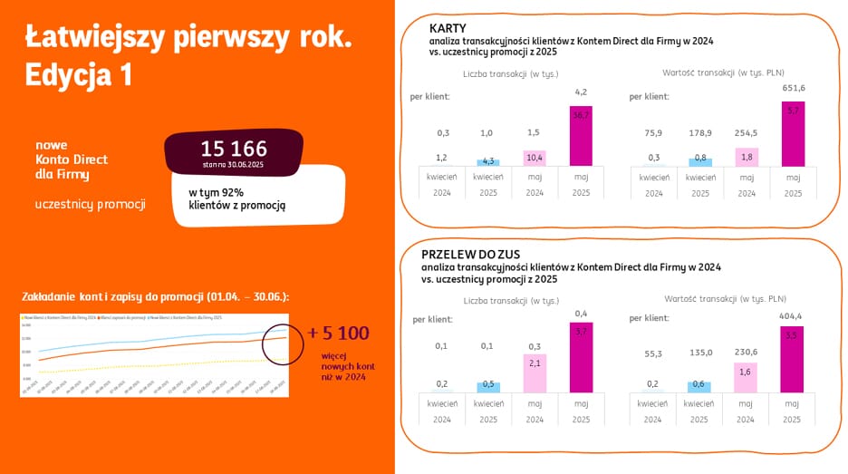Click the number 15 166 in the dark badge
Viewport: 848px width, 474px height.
pyautogui.click(x=233, y=150)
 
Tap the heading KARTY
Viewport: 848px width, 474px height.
pyautogui.click(x=448, y=28)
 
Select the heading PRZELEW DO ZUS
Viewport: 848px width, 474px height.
pyautogui.click(x=470, y=255)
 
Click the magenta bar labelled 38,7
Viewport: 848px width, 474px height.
pyautogui.click(x=581, y=135)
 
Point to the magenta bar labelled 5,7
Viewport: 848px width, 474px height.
pyautogui.click(x=793, y=133)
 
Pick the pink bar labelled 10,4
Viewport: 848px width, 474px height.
pyautogui.click(x=535, y=158)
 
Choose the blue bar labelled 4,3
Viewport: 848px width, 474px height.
pyautogui.click(x=488, y=162)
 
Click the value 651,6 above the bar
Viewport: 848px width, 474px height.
pyautogui.click(x=793, y=88)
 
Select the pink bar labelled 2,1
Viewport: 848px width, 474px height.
pyautogui.click(x=535, y=373)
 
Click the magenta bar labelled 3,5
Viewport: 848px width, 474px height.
pyautogui.click(x=793, y=359)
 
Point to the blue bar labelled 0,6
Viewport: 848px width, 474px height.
pyautogui.click(x=699, y=386)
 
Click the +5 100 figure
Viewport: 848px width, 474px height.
pyautogui.click(x=338, y=333)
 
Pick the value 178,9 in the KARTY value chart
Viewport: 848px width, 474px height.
pyautogui.click(x=699, y=132)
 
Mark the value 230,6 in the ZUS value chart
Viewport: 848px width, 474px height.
pyautogui.click(x=746, y=353)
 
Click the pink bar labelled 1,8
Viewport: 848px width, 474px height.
pyautogui.click(x=746, y=156)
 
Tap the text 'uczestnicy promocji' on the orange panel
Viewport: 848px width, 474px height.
pyautogui.click(x=90, y=203)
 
